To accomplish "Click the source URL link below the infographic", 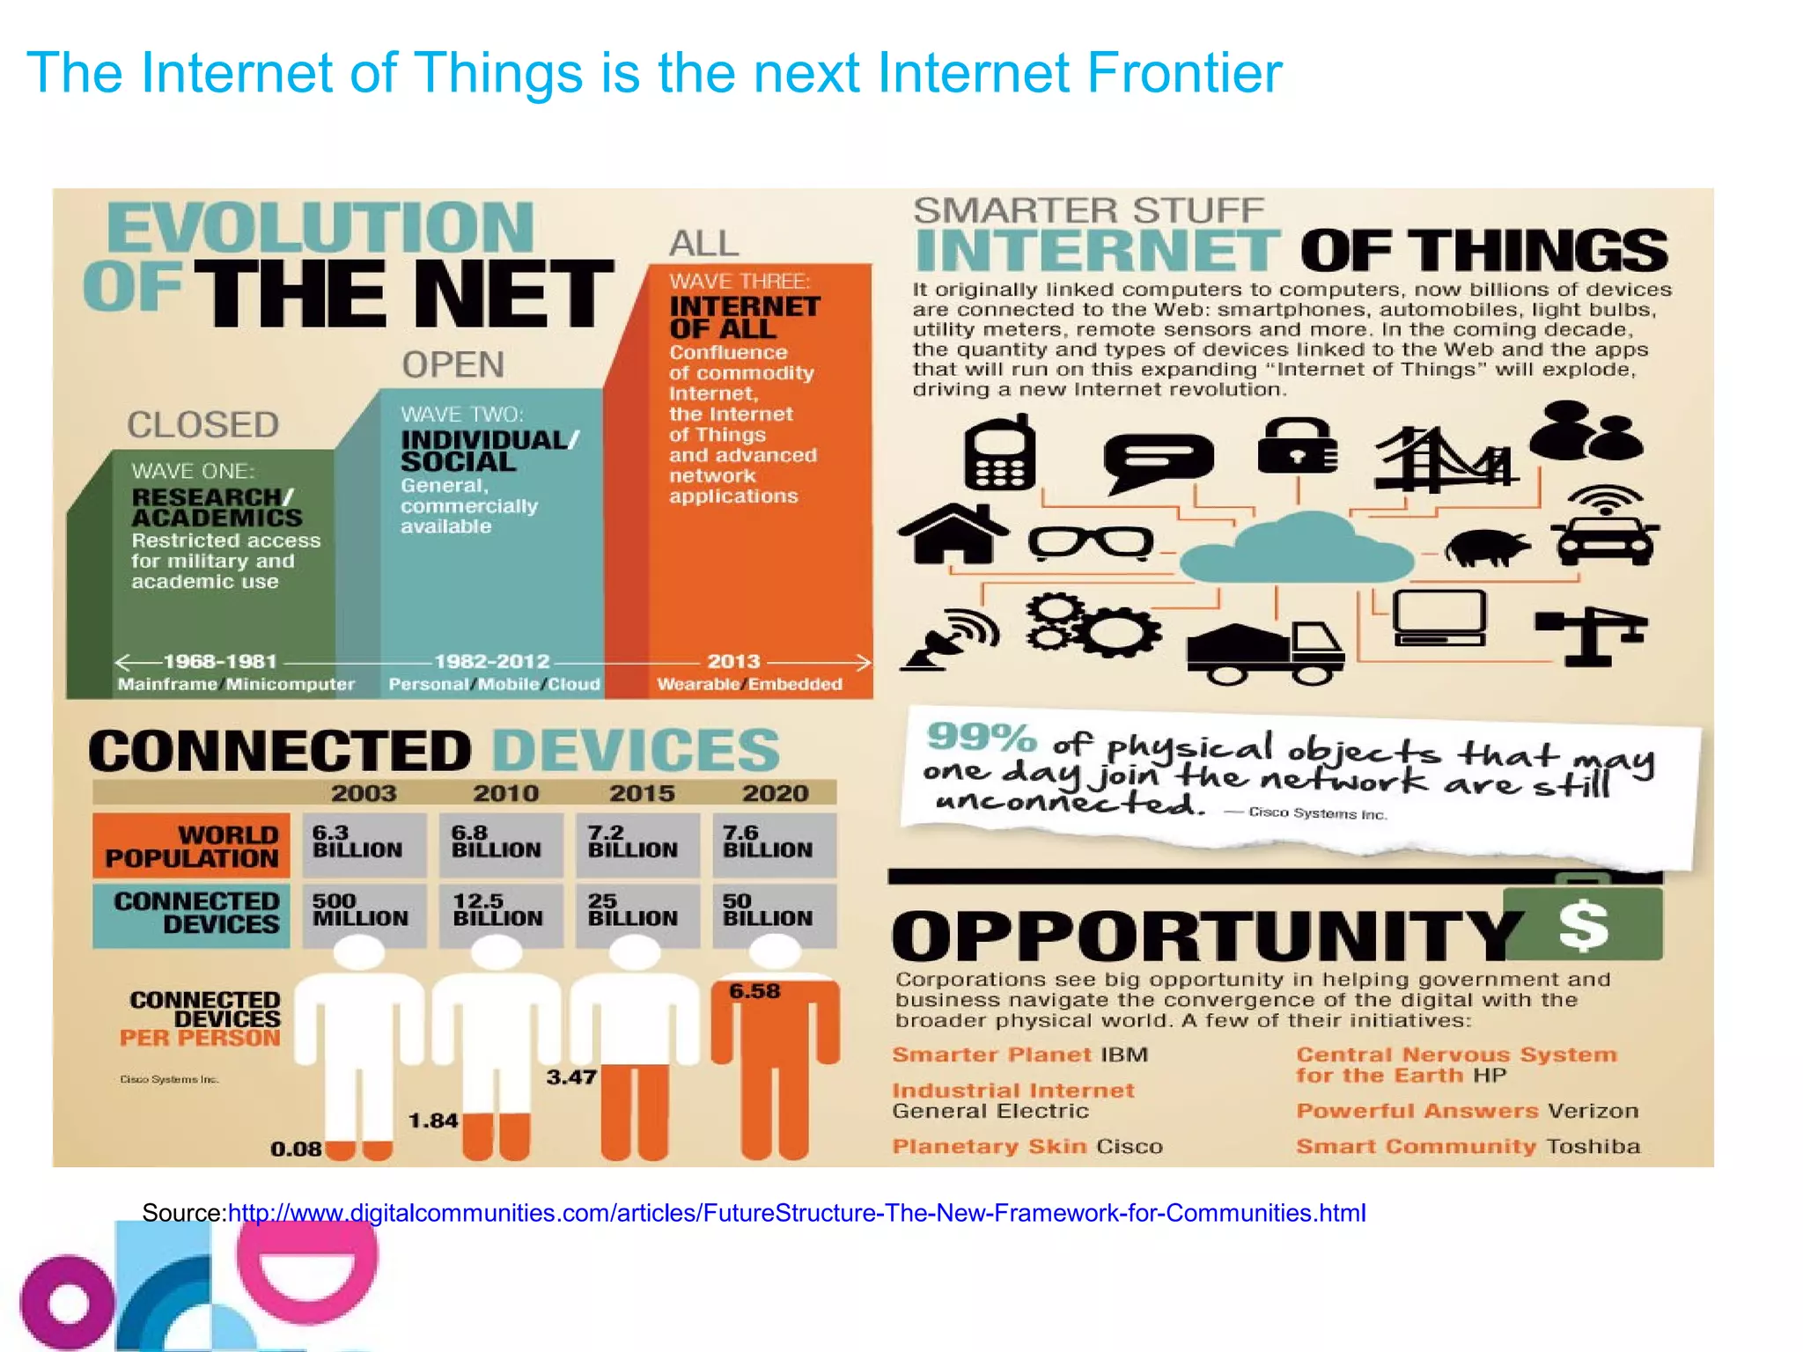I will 797,1213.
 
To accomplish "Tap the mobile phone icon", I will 999,453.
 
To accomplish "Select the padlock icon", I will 1298,446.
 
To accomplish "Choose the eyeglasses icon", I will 1091,542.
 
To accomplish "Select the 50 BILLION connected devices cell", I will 768,910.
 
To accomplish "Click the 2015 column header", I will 643,793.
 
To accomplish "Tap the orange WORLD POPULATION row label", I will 192,846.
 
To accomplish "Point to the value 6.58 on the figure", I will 754,991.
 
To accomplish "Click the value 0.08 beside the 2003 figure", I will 296,1149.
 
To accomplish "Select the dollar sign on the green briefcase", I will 1583,926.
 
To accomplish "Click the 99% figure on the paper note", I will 981,737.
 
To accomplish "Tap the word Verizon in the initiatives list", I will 1593,1111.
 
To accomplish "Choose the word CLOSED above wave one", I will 203,425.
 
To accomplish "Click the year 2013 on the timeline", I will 733,661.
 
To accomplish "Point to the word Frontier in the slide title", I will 1184,72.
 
